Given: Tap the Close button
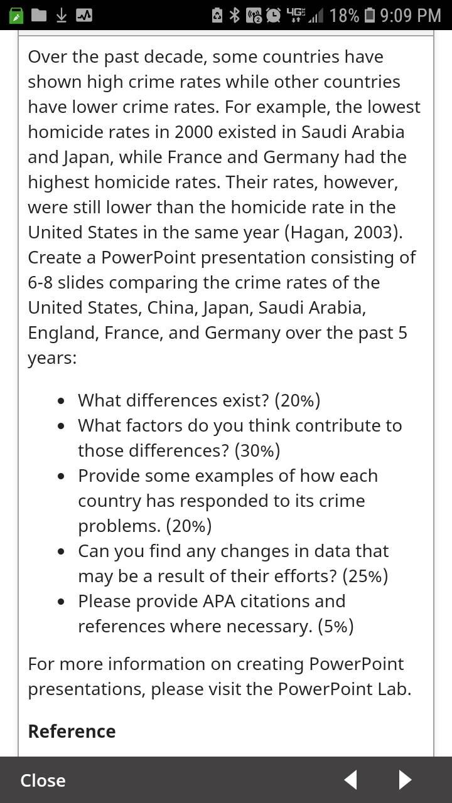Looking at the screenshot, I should pyautogui.click(x=43, y=780).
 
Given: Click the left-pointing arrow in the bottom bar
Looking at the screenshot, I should pyautogui.click(x=350, y=780).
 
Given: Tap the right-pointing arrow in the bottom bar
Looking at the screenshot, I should pyautogui.click(x=405, y=780).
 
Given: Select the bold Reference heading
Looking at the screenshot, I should pyautogui.click(x=72, y=731).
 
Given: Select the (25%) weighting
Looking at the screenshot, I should pyautogui.click(x=365, y=576).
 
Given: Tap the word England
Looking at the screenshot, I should pyautogui.click(x=60, y=332).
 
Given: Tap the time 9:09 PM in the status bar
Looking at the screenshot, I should pyautogui.click(x=411, y=15).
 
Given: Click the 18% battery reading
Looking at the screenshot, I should pyautogui.click(x=344, y=15).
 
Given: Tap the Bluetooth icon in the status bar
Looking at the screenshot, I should pyautogui.click(x=235, y=15).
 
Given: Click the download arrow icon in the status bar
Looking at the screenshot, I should pyautogui.click(x=61, y=15).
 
